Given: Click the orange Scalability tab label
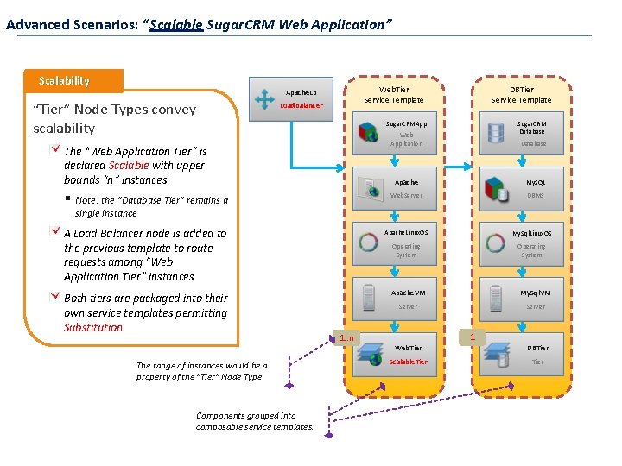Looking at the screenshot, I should click(x=64, y=80).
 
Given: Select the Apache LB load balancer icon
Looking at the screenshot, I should click(x=264, y=97).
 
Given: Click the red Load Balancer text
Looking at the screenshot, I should click(x=301, y=106).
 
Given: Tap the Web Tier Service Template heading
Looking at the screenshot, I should click(x=394, y=95).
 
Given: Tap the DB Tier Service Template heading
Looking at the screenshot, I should click(x=521, y=95).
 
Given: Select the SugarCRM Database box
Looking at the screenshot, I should click(x=521, y=133).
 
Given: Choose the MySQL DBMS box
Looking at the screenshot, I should click(x=521, y=188).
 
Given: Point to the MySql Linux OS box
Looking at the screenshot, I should click(x=521, y=243).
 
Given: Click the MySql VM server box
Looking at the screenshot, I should click(x=521, y=299).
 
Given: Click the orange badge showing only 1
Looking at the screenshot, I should click(x=473, y=336).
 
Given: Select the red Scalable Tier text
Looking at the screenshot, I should click(x=408, y=362).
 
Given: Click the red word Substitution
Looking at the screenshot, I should click(x=93, y=328).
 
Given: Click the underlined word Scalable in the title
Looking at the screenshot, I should click(x=176, y=24).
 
